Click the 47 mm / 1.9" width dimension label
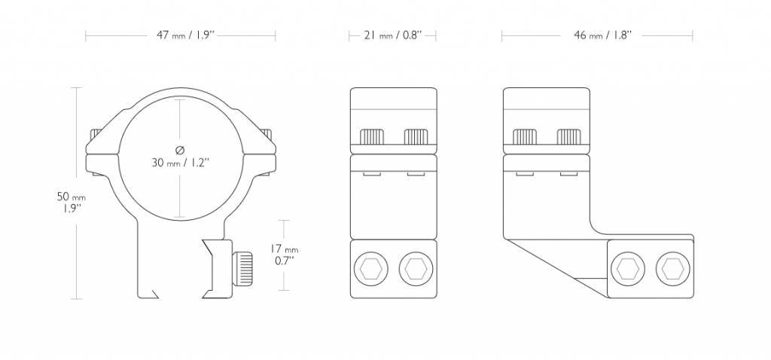(181, 35)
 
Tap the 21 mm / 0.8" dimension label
(392, 35)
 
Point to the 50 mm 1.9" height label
(69, 202)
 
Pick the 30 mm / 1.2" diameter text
(180, 162)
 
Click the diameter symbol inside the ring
(180, 148)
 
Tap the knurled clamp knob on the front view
(242, 267)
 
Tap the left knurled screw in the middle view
(372, 136)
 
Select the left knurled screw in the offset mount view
(525, 136)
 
